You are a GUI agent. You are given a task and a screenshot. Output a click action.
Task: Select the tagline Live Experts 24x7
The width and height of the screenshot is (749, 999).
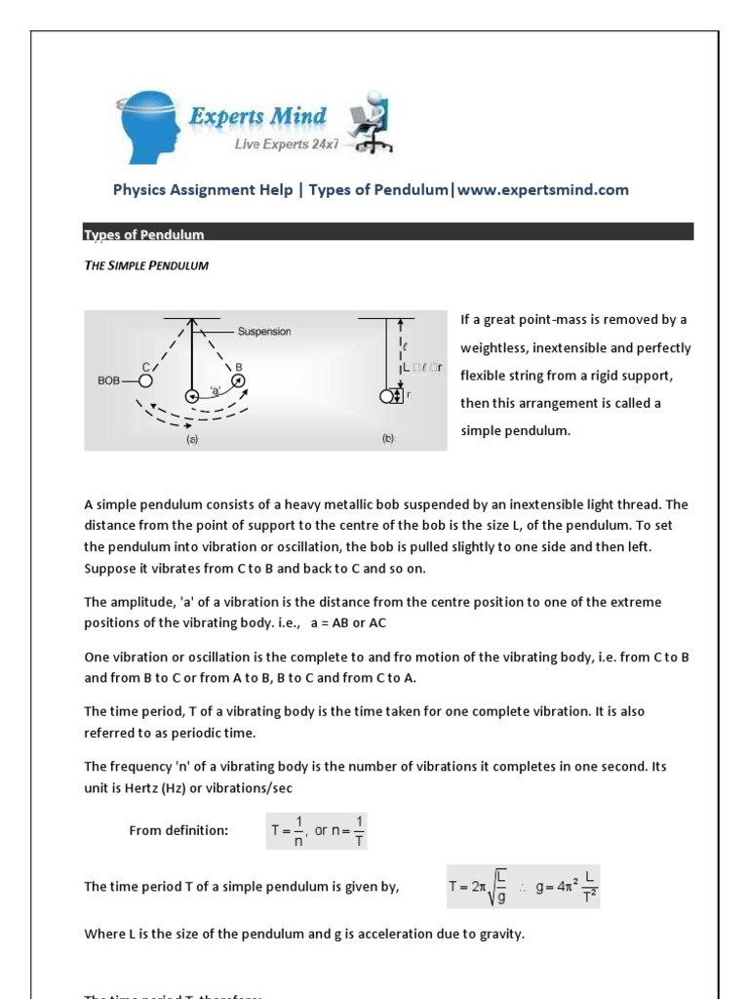(x=285, y=144)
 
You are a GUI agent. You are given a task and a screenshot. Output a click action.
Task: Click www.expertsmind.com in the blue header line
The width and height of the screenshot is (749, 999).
(x=542, y=190)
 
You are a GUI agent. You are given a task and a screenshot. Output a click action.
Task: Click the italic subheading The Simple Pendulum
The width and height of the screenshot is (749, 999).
(x=146, y=265)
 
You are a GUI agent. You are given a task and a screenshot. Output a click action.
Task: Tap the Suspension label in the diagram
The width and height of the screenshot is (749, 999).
(x=264, y=332)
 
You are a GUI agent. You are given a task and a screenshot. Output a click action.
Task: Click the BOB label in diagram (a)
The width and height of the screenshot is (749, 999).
(x=109, y=381)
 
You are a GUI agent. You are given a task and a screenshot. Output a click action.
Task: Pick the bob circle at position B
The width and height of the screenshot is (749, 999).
(x=238, y=380)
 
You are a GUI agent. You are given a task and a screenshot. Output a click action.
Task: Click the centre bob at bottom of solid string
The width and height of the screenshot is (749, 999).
(x=193, y=395)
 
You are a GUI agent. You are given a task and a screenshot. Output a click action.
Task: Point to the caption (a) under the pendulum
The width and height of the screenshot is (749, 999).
(x=192, y=439)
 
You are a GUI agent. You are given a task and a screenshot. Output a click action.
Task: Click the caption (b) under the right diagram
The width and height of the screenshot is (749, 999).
(x=387, y=439)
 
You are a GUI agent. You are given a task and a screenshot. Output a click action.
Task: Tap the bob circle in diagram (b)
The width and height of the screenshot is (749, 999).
(x=386, y=396)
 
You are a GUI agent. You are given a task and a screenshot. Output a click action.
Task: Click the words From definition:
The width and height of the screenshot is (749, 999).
(x=178, y=830)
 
